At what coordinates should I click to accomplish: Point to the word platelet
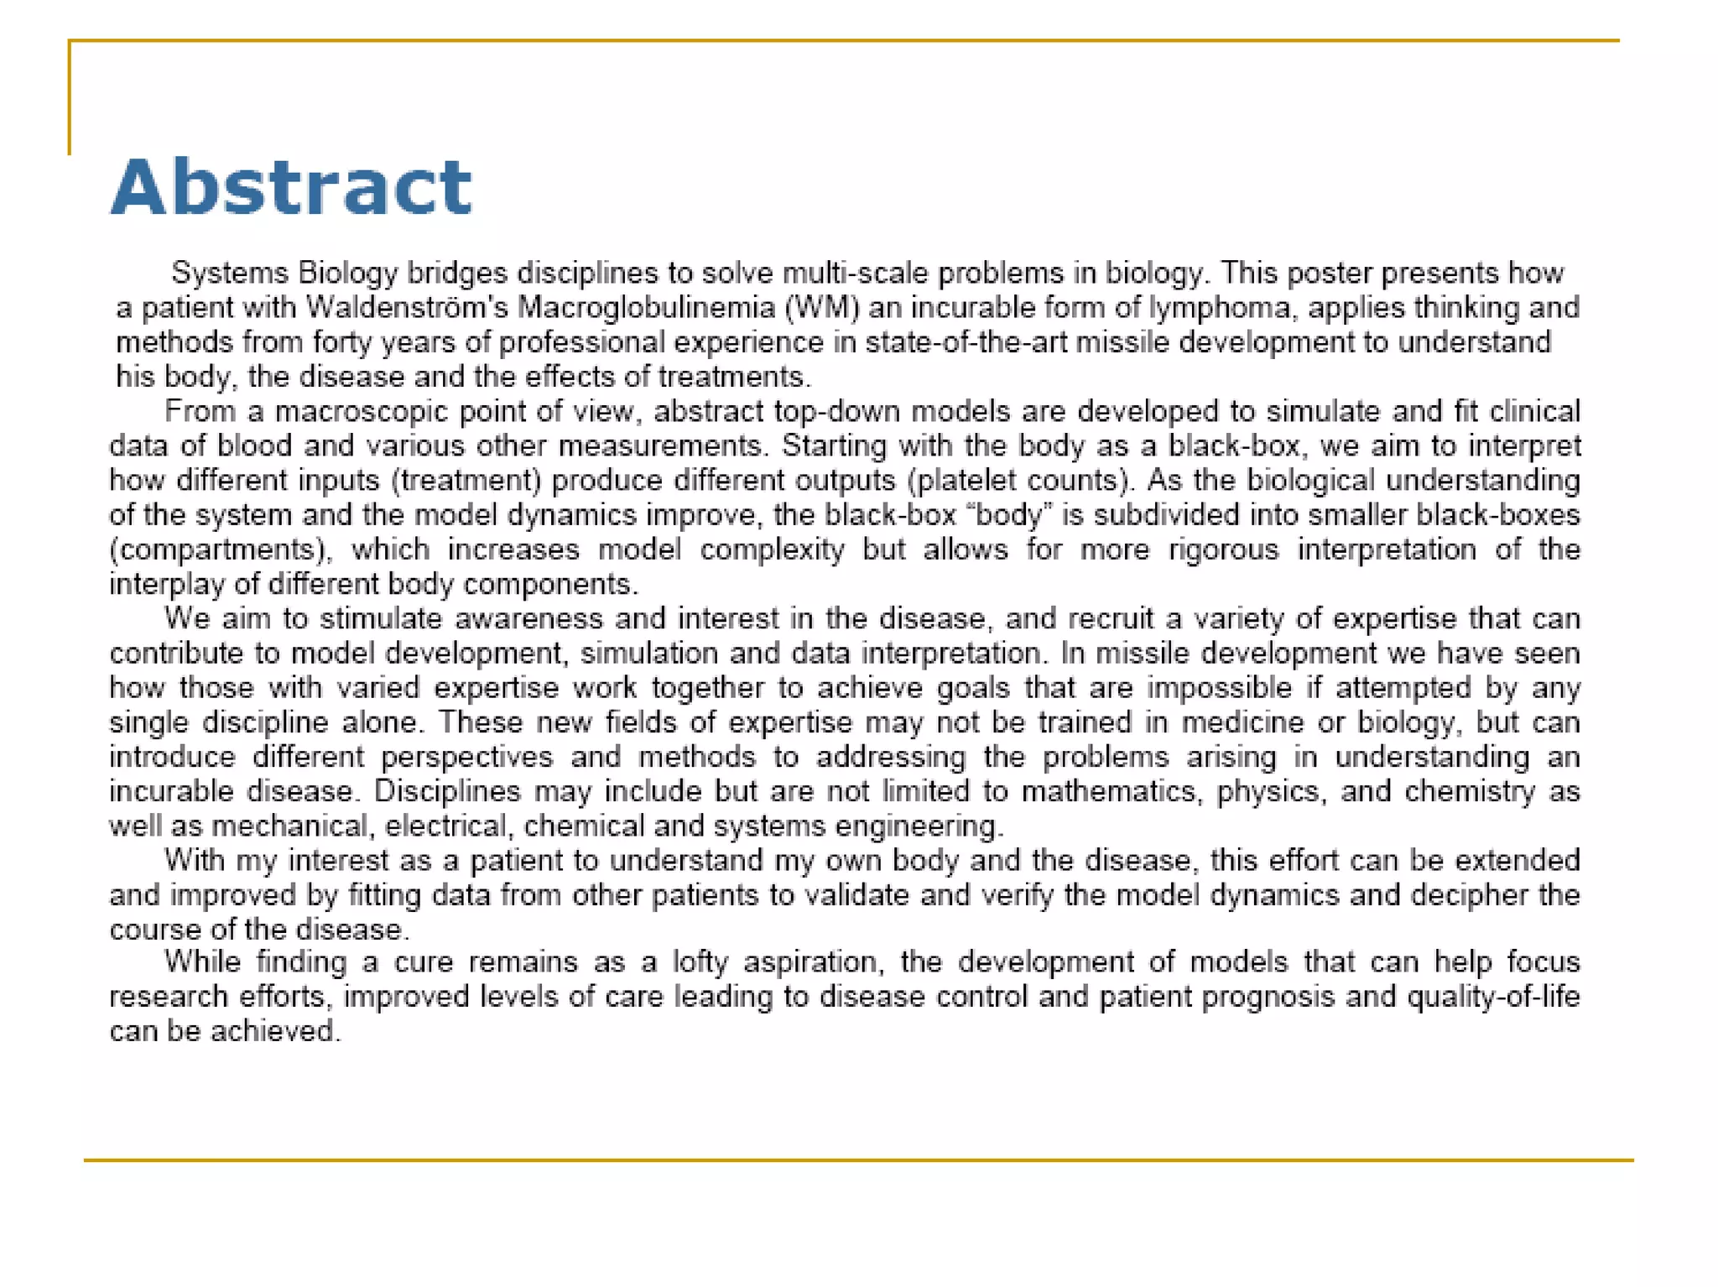(964, 480)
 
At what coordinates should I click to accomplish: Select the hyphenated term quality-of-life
(1493, 997)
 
